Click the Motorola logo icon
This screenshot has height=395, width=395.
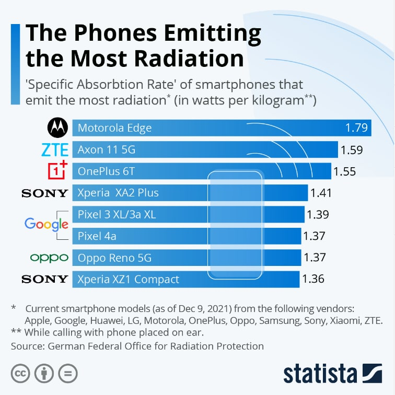(57, 128)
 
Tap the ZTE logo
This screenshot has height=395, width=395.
(55, 150)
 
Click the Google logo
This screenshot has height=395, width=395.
(46, 225)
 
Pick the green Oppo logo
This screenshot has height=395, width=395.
(49, 257)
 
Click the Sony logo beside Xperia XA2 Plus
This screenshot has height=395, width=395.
(45, 193)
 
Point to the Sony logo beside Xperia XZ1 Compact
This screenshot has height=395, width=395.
(45, 279)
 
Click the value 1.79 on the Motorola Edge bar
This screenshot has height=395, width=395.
(357, 128)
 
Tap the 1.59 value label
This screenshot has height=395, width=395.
(352, 150)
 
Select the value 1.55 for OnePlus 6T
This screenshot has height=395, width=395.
(345, 171)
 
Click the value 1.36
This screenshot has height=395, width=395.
(313, 279)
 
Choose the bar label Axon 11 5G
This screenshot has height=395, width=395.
(107, 150)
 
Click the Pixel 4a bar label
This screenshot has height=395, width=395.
(97, 236)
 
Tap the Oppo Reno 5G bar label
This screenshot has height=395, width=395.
(114, 258)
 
